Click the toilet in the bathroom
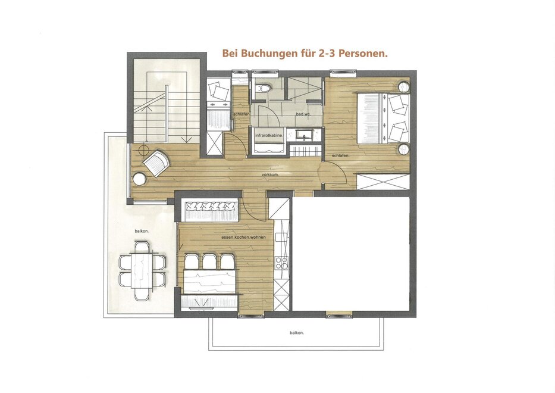click(x=264, y=88)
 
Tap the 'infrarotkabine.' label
click(x=269, y=135)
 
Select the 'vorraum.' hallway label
click(x=271, y=174)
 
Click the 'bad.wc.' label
click(x=303, y=114)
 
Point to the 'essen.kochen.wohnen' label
click(x=243, y=237)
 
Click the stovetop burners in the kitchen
click(x=282, y=263)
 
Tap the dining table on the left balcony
click(x=142, y=270)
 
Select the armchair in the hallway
click(x=156, y=163)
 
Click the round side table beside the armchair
click(x=140, y=178)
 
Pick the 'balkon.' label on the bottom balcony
click(x=297, y=333)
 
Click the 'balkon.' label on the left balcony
click(x=142, y=230)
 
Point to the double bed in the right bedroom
click(x=383, y=118)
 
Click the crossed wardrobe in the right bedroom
click(x=383, y=182)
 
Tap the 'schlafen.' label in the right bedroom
click(x=340, y=155)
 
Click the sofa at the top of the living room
click(x=211, y=210)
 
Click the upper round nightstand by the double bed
click(x=403, y=87)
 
